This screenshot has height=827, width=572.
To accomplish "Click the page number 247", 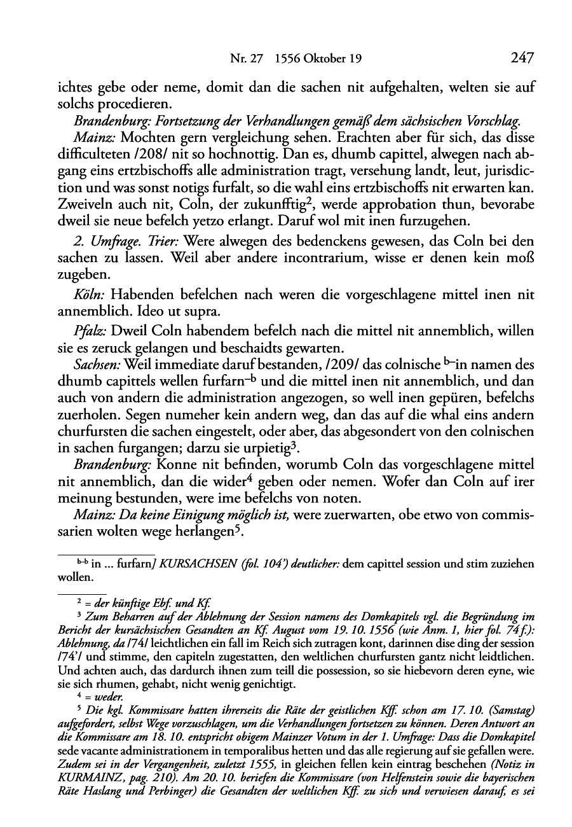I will pyautogui.click(x=521, y=59).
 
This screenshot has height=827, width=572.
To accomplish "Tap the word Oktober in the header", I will pyautogui.click(x=326, y=60).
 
